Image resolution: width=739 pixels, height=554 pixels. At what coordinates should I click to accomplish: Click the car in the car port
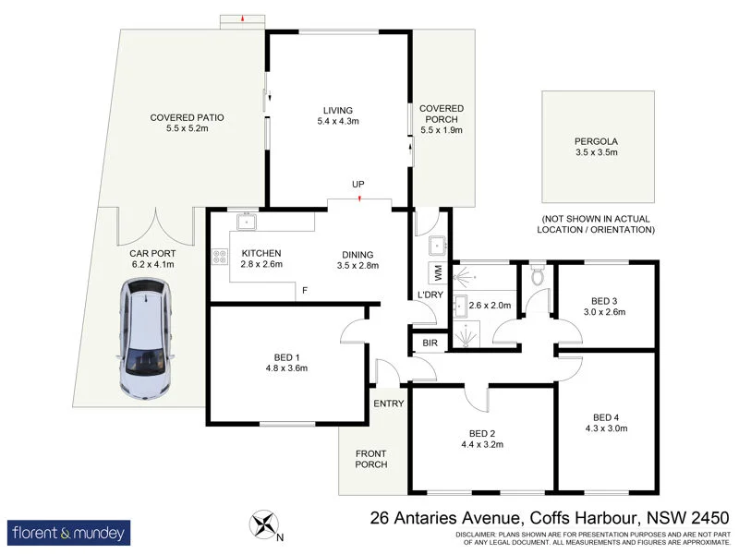coord(146,341)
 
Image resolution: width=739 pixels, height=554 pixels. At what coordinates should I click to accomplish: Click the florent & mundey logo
coord(70,533)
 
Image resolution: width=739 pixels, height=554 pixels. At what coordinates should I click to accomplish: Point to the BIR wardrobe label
coord(430,343)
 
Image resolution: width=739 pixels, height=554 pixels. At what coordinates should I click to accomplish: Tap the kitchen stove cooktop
coord(220,258)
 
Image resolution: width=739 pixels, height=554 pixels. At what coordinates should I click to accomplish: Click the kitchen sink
coord(246,222)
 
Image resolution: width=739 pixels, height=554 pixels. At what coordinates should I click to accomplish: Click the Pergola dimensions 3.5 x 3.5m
coord(596,152)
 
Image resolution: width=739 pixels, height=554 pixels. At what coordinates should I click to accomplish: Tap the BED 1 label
coord(286,356)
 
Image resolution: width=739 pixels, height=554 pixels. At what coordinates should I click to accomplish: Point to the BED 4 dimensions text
coord(606,428)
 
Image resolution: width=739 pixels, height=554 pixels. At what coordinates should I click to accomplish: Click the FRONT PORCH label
coord(371,457)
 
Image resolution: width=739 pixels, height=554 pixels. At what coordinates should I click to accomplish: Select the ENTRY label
coord(389,403)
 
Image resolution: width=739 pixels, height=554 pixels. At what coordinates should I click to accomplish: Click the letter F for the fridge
coord(305,290)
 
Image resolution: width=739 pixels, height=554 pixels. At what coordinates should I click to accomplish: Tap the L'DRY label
coord(430,295)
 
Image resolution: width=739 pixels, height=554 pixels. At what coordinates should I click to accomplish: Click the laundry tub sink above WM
coord(438,245)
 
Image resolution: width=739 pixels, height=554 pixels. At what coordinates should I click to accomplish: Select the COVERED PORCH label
coord(442,114)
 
